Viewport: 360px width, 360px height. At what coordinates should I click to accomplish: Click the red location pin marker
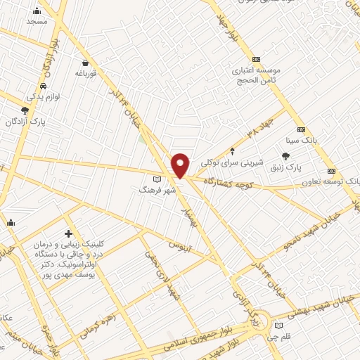[x=181, y=165]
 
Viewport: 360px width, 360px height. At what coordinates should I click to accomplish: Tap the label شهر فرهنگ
[x=152, y=190]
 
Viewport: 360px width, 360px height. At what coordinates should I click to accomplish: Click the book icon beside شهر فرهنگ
[x=167, y=180]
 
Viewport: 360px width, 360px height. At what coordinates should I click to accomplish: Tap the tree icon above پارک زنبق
[x=285, y=156]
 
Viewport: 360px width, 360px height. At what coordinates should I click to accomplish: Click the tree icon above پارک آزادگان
[x=25, y=110]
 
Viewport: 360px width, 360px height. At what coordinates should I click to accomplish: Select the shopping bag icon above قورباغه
[x=85, y=62]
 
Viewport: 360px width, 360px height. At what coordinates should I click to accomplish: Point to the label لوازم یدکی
[x=44, y=95]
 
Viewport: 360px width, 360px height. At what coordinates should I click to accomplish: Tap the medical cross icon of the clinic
[x=68, y=233]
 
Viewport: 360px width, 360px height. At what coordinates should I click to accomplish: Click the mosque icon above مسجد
[x=37, y=11]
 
